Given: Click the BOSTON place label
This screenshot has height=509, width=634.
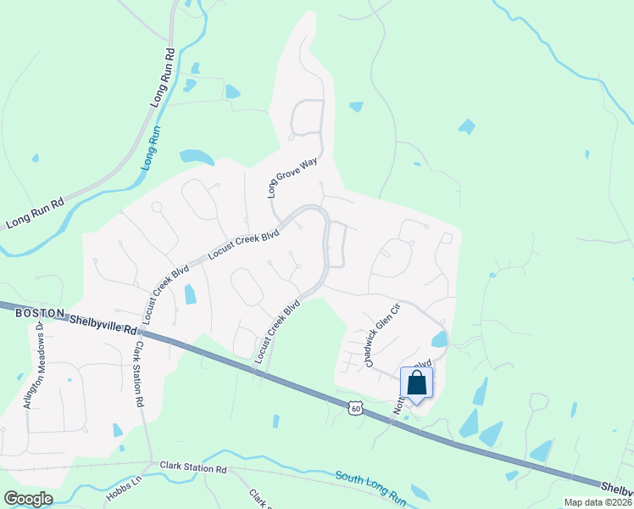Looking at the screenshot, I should pos(39,313).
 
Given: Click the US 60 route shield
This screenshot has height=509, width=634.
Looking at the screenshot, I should pos(354,410).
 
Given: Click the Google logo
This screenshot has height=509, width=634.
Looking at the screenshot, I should pos(28,499).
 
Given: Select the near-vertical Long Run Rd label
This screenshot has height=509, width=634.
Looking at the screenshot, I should pos(164,76).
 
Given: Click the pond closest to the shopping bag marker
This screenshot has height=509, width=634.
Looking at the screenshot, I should pos(439,340).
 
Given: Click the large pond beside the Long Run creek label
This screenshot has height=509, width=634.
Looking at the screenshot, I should pos(196,157).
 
